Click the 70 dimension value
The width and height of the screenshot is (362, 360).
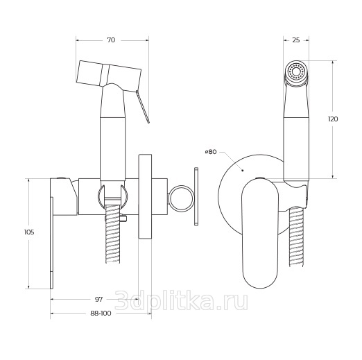click(111, 40)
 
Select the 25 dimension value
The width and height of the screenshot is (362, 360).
click(296, 40)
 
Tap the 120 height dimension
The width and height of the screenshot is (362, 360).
click(333, 119)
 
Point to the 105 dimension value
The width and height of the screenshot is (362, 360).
click(29, 232)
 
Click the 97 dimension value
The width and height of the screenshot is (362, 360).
click(98, 299)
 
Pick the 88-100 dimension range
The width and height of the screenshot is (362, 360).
click(101, 314)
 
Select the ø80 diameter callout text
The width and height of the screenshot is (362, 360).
click(211, 152)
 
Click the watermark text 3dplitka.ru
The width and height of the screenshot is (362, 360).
click(182, 300)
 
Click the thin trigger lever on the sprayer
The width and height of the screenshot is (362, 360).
click(143, 107)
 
